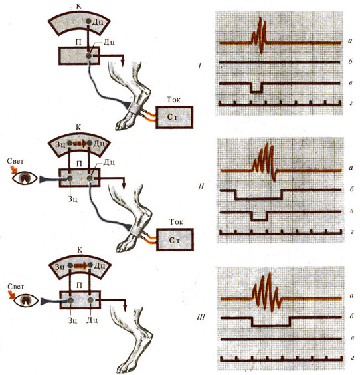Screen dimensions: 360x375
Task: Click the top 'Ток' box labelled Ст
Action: point(175,117)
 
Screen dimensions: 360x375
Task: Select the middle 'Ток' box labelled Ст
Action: point(175,239)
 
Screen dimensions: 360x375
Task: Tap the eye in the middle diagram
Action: point(25,178)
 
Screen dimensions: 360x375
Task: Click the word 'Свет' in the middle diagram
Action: point(15,161)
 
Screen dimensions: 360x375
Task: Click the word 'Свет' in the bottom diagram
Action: point(16,287)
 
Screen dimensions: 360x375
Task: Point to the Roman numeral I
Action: point(200,66)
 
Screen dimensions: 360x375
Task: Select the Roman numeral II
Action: point(201,186)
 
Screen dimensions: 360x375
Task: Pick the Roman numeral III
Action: point(201,318)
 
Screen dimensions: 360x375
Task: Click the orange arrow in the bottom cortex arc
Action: point(80,265)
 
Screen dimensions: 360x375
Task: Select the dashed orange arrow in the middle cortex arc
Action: point(80,144)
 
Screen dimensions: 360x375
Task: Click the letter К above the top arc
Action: point(78,6)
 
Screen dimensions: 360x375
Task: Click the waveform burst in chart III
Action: point(266,292)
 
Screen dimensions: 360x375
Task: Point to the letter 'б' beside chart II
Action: point(351,189)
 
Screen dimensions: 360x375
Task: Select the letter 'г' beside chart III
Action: point(351,358)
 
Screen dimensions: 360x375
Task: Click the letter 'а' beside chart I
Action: point(350,41)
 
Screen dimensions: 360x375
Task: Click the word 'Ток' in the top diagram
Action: point(173,100)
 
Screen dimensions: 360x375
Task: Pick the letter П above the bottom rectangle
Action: point(80,285)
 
